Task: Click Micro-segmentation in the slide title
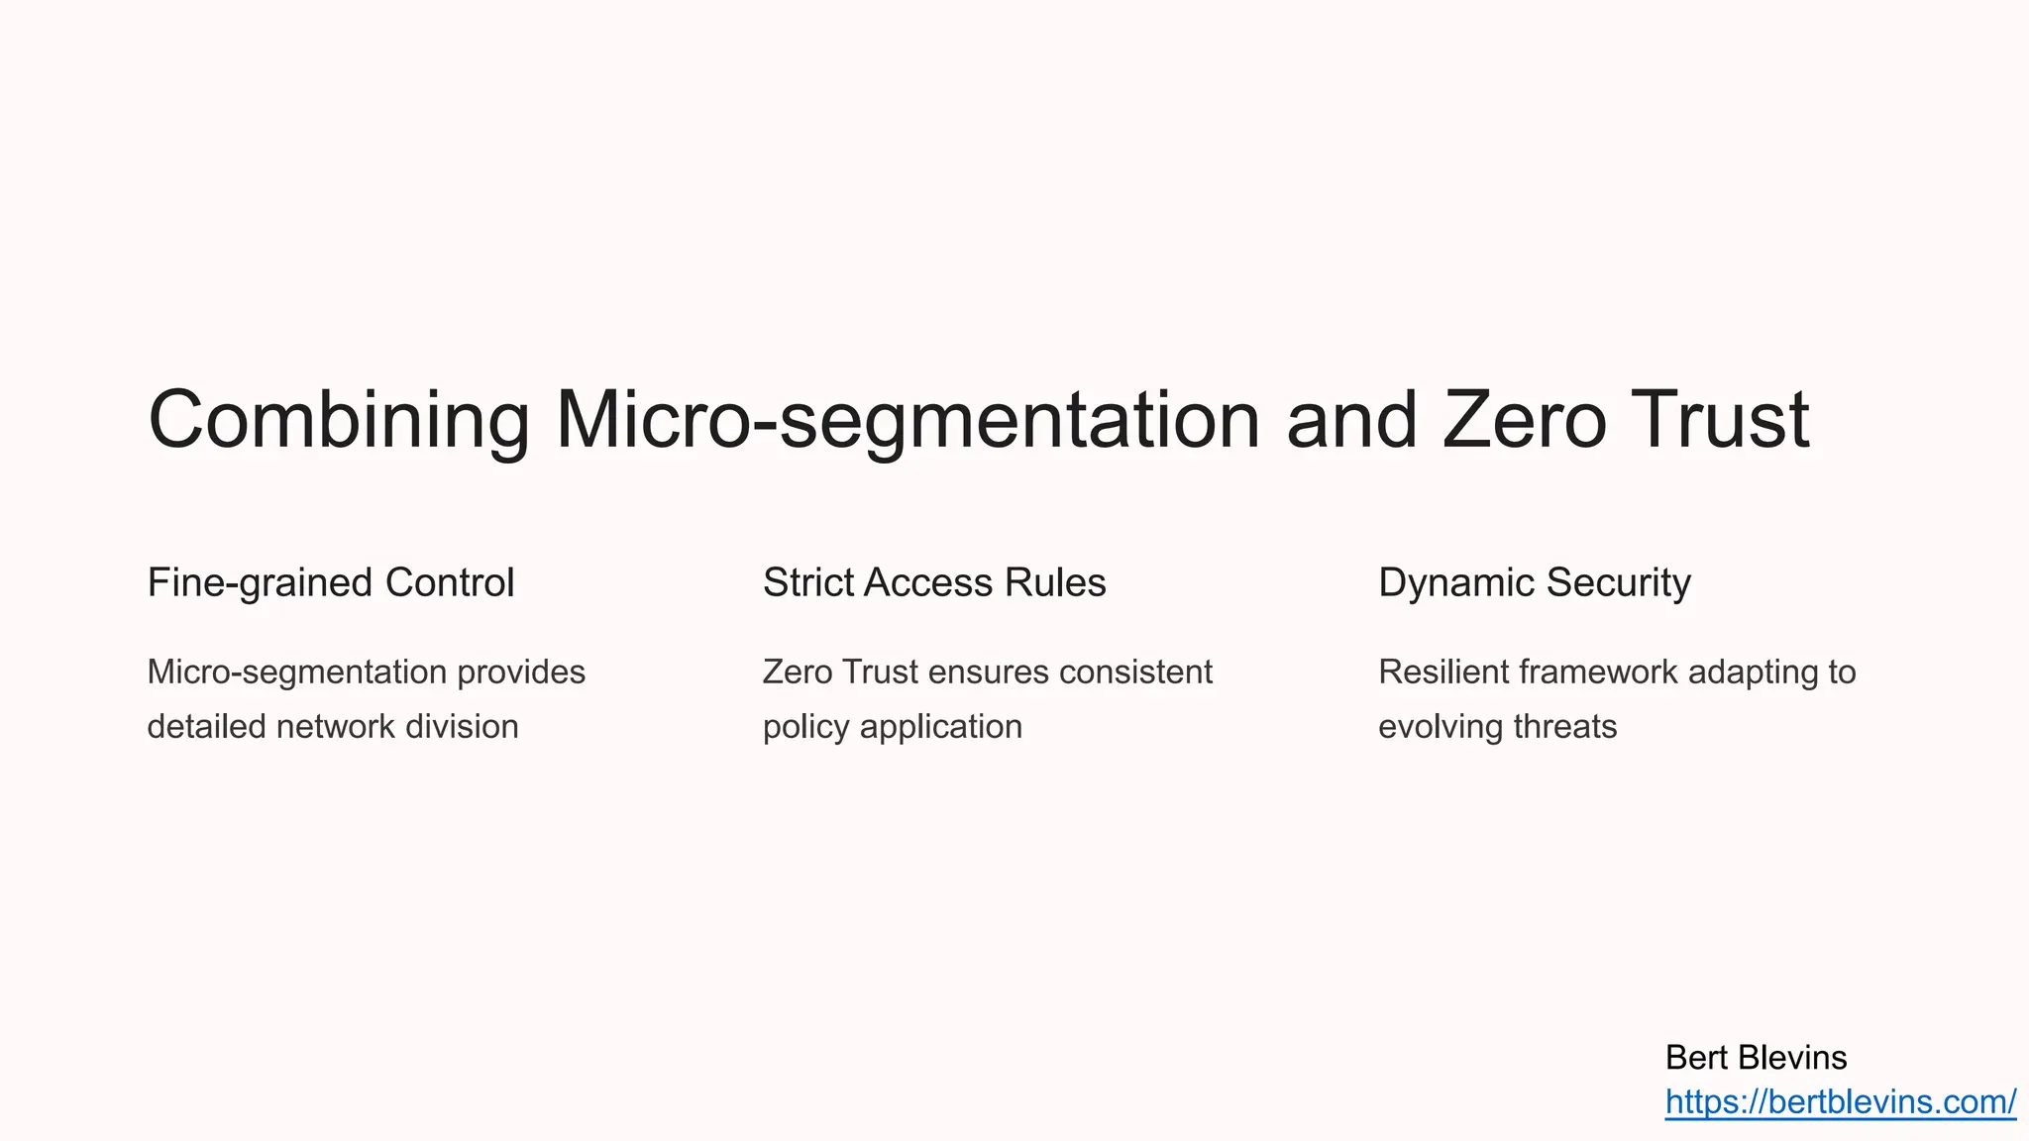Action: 908,420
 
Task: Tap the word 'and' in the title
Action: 1351,420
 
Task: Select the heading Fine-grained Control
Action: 331,582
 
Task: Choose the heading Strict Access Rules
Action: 934,582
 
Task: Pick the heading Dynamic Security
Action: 1535,582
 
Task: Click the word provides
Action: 521,673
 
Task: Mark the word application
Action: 941,727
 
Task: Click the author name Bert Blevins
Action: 1756,1058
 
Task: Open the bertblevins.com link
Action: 1840,1101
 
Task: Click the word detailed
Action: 206,727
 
